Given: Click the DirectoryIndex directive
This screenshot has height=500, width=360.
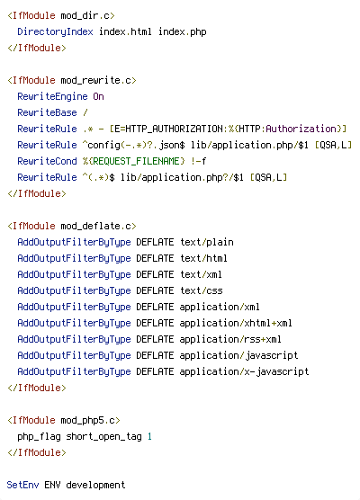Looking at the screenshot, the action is click(55, 31).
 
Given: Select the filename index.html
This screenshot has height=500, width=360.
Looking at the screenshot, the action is click(125, 31).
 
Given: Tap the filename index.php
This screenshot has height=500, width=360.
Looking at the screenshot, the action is click(183, 31).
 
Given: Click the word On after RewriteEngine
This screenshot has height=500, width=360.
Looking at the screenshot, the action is click(99, 96).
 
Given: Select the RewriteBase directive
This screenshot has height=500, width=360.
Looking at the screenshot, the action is click(47, 112).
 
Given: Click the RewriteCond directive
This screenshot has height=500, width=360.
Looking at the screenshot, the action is click(47, 161).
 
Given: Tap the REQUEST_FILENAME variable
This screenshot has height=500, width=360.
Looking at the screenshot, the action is click(134, 161).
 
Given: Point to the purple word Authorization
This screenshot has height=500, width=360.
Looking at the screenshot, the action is click(301, 129).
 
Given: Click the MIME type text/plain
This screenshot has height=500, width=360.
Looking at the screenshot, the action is click(207, 242).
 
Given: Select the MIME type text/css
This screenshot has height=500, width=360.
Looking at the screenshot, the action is click(202, 290).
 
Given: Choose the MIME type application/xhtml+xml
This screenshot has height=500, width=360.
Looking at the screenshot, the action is click(236, 324).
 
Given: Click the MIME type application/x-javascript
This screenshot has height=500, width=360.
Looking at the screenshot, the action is click(244, 371).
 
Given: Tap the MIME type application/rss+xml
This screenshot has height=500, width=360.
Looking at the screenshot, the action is click(230, 340).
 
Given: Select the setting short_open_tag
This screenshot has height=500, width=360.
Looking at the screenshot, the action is click(104, 436).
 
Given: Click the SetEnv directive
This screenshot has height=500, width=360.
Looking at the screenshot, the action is click(22, 485).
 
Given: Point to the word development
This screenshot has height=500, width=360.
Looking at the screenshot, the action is click(95, 485).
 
